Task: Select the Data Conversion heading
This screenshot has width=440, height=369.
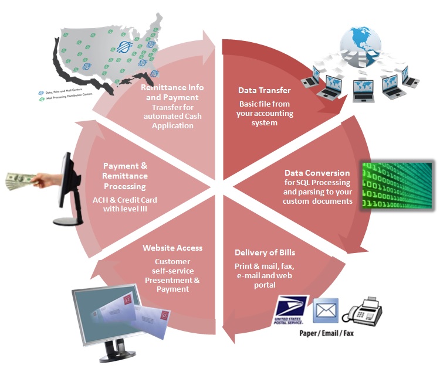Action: (317, 173)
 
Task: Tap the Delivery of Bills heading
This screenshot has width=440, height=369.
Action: (265, 252)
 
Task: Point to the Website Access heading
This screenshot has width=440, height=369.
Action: (172, 248)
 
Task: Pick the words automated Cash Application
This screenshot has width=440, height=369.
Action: (172, 121)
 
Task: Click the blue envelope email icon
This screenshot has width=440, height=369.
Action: (326, 309)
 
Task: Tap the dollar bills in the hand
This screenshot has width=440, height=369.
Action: (18, 180)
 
